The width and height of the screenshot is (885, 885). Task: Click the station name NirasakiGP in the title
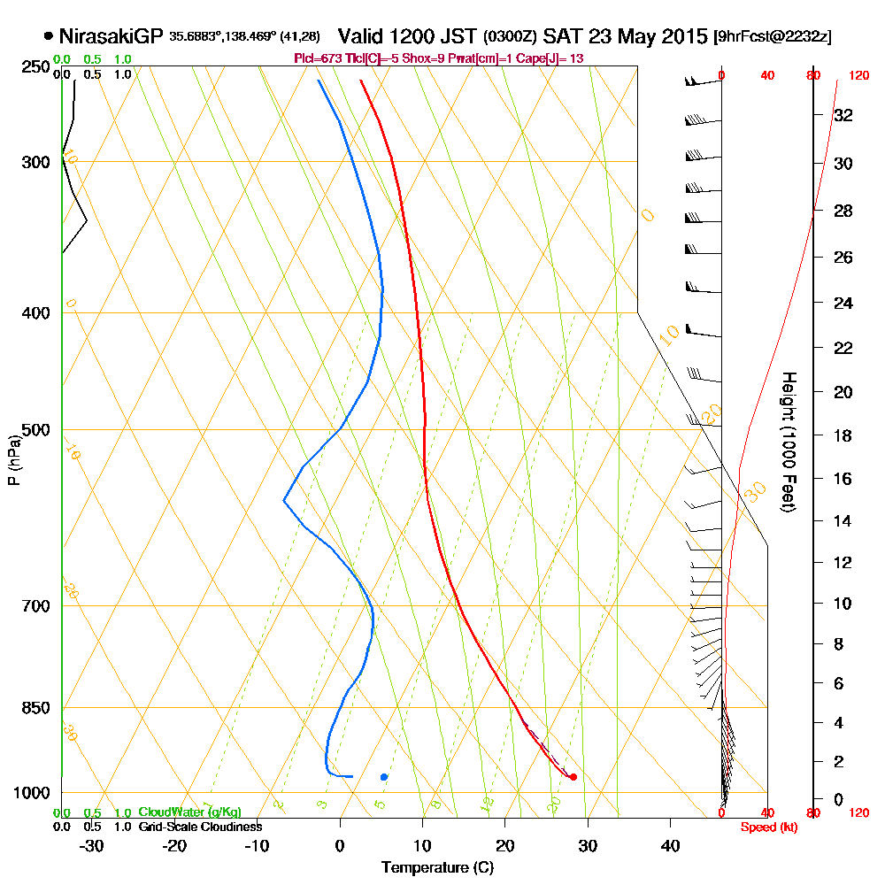tap(111, 36)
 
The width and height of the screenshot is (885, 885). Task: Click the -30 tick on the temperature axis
tap(92, 845)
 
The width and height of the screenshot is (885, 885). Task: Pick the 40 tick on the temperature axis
tap(670, 845)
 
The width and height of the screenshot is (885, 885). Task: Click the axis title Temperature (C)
tap(437, 868)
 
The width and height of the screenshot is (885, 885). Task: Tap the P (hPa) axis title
tap(13, 460)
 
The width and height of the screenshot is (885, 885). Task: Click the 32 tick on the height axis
tap(843, 114)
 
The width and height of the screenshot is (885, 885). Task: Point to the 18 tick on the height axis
tap(843, 435)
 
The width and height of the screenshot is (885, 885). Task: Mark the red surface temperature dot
tap(573, 777)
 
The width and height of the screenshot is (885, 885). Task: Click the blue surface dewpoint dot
tap(384, 777)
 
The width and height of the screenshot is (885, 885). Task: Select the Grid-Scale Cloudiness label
tap(199, 827)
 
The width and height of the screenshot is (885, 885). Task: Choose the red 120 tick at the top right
tap(858, 76)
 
